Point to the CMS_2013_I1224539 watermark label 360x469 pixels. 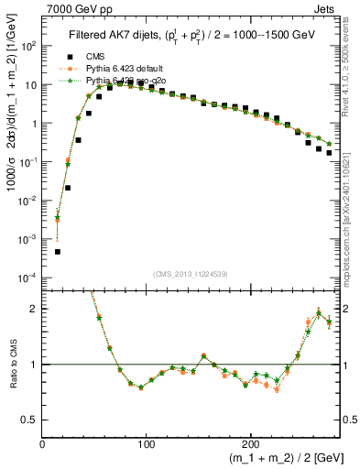[191, 272]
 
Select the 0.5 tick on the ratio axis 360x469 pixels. [29, 420]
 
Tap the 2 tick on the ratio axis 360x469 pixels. [35, 309]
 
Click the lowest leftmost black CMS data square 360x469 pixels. [57, 251]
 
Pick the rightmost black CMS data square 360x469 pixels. [329, 152]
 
